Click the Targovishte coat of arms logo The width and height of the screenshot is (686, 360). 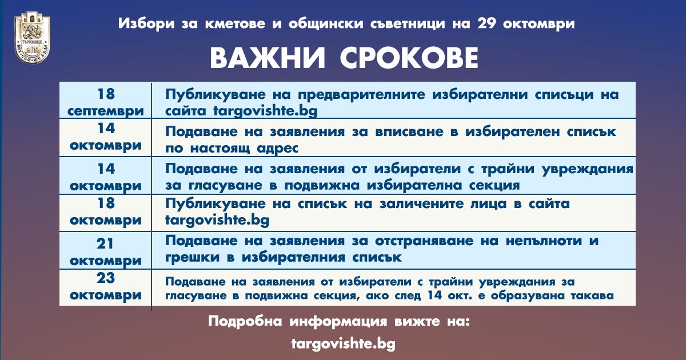tap(32, 37)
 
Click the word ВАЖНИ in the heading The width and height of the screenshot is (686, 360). tap(268, 58)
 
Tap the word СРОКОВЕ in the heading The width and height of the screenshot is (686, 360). tap(409, 58)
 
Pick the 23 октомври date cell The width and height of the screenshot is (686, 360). tap(106, 286)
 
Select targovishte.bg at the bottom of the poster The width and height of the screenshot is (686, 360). tap(344, 344)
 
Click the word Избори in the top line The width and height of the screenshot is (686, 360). tap(146, 23)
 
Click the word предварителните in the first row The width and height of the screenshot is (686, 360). tap(362, 95)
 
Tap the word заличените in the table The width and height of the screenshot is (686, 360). tap(422, 204)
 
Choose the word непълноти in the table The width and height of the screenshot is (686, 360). tap(544, 241)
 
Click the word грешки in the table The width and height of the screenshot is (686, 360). tap(192, 258)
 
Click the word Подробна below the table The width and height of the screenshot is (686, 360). tap(245, 321)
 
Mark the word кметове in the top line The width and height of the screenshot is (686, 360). tap(235, 23)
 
